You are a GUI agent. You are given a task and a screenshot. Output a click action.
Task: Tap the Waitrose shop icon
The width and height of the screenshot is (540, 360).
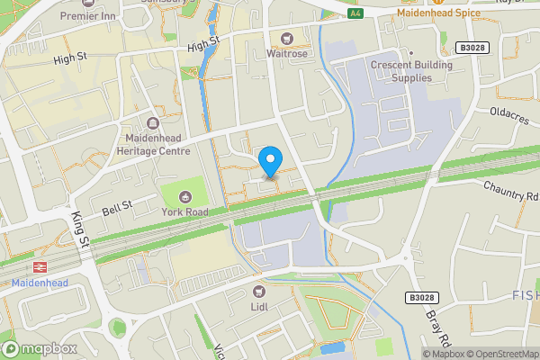[287, 39]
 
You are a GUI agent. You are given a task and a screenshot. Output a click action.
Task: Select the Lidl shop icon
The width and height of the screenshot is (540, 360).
[259, 291]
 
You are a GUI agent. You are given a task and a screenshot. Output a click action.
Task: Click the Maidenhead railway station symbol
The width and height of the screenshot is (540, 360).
[40, 267]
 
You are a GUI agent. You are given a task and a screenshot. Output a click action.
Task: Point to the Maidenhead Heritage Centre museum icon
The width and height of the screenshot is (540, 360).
[151, 123]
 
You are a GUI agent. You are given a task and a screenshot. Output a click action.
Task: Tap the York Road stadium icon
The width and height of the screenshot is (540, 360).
[185, 196]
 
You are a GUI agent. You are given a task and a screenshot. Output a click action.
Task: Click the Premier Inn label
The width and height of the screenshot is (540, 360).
[89, 16]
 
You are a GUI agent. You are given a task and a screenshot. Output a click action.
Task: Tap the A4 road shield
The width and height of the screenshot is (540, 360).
[355, 13]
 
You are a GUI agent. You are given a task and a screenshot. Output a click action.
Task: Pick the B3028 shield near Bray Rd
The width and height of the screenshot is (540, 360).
[419, 297]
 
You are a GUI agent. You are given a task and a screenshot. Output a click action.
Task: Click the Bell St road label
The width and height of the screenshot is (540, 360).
[117, 207]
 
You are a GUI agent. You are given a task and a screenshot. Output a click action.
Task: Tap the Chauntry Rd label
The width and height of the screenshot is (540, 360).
[509, 190]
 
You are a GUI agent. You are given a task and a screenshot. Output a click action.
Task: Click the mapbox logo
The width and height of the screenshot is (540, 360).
[39, 348]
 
